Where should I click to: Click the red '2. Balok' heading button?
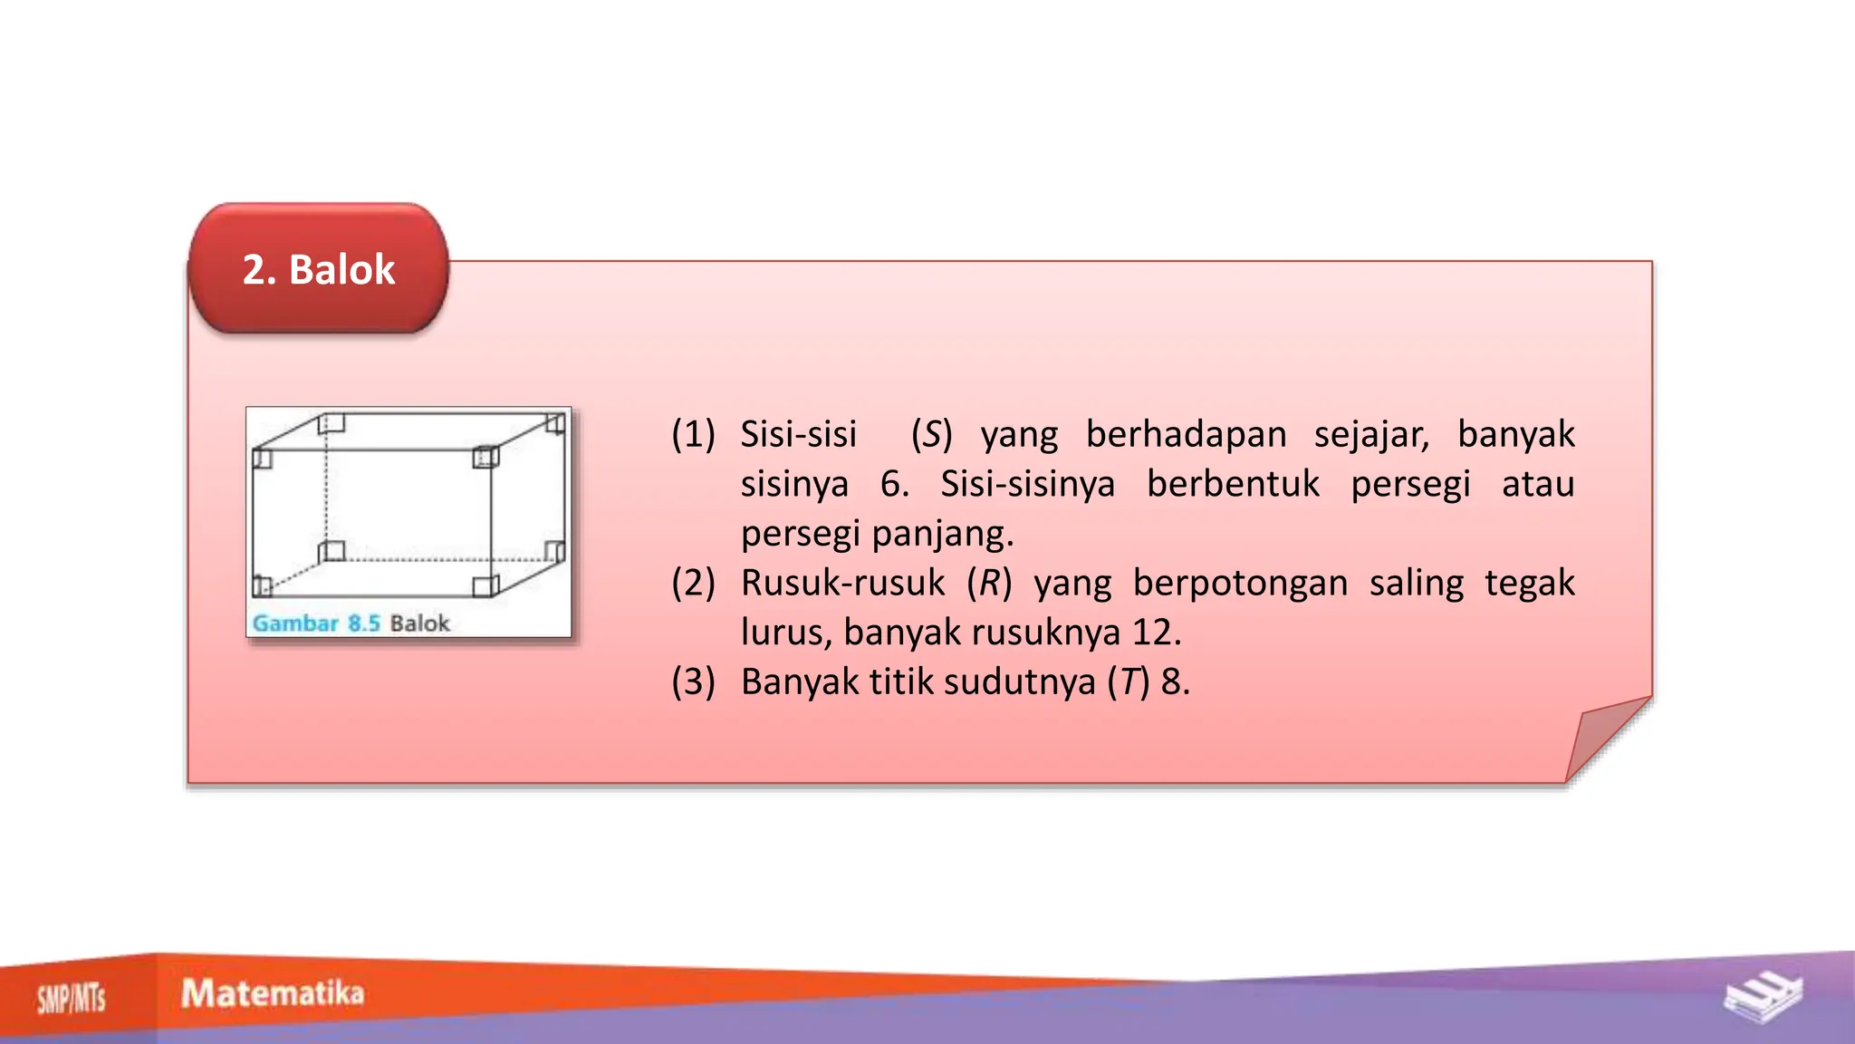(x=319, y=269)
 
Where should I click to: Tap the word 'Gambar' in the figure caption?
(x=295, y=623)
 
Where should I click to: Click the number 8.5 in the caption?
(x=363, y=623)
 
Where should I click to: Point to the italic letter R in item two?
(x=988, y=583)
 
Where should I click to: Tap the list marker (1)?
(x=693, y=435)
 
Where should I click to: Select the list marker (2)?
(x=693, y=583)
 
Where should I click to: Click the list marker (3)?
(x=693, y=681)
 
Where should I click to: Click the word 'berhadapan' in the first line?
(x=1186, y=435)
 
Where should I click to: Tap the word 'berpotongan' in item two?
(x=1240, y=583)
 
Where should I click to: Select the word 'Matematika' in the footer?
(x=273, y=993)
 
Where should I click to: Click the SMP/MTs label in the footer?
(x=71, y=1000)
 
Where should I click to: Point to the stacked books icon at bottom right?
(x=1763, y=997)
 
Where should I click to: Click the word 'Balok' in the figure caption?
(x=419, y=623)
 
